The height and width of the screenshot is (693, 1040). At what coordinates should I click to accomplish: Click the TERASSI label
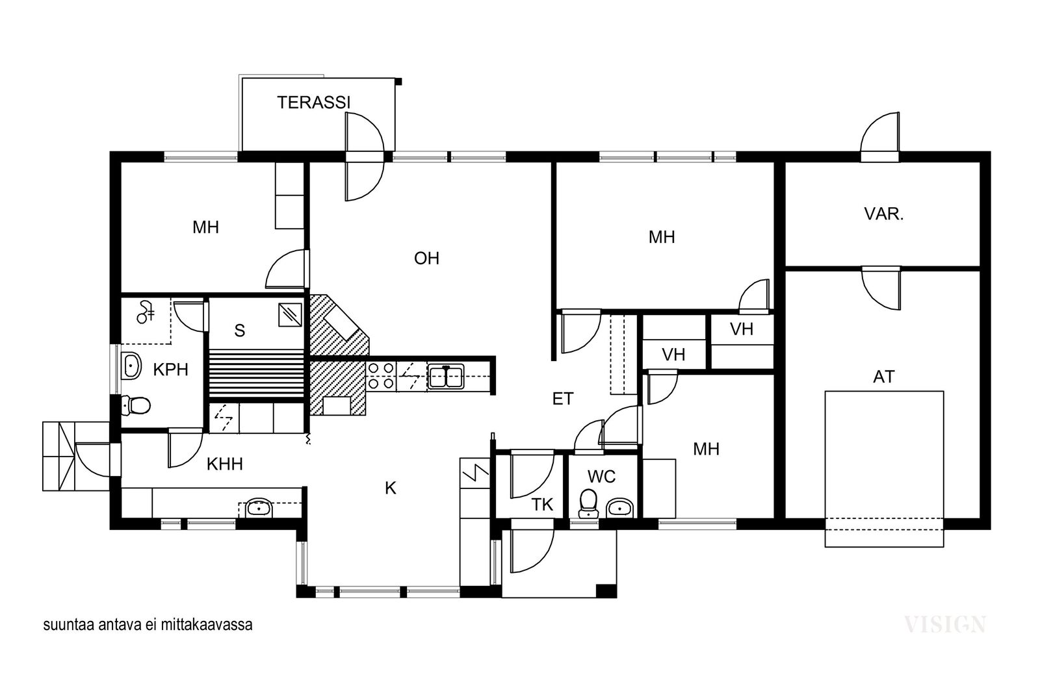[x=313, y=103]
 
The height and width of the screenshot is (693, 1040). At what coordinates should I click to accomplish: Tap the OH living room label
[x=426, y=258]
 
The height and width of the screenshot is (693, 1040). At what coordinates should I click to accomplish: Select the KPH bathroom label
[x=170, y=370]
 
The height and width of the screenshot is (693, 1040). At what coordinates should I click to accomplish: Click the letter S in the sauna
[x=240, y=331]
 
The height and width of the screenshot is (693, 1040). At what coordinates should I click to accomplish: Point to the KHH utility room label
[x=225, y=464]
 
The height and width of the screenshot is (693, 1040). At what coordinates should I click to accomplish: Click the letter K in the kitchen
[x=391, y=488]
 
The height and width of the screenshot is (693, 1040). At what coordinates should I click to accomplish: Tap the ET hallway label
[x=563, y=398]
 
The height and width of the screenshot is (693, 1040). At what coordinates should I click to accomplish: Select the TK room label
[x=542, y=505]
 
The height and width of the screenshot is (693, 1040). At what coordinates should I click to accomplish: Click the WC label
[x=601, y=476]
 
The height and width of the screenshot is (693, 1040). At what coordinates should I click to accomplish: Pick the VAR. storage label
[x=884, y=214]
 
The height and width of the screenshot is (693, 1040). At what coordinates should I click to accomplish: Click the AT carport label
[x=883, y=377]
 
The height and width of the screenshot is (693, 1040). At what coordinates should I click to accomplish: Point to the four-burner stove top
[x=381, y=376]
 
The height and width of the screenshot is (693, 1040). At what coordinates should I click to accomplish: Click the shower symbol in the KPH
[x=146, y=312]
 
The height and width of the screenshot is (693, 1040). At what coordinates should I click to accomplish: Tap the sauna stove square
[x=290, y=315]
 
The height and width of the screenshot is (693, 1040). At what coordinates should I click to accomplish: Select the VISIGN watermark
[x=945, y=625]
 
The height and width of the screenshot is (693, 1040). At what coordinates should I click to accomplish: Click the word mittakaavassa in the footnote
[x=207, y=625]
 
